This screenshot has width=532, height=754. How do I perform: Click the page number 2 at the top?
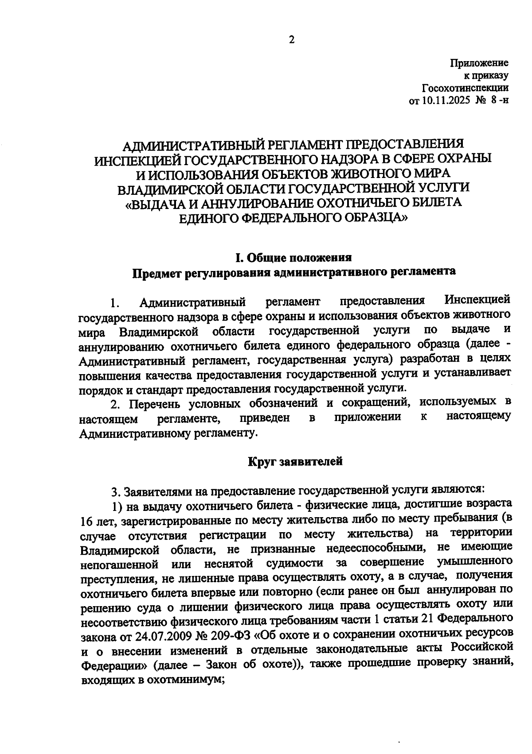pyautogui.click(x=291, y=40)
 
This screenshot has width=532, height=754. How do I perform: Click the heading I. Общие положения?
pyautogui.click(x=293, y=258)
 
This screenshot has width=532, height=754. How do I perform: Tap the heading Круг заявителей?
pyautogui.click(x=295, y=461)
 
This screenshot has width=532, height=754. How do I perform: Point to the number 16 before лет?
pyautogui.click(x=87, y=522)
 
